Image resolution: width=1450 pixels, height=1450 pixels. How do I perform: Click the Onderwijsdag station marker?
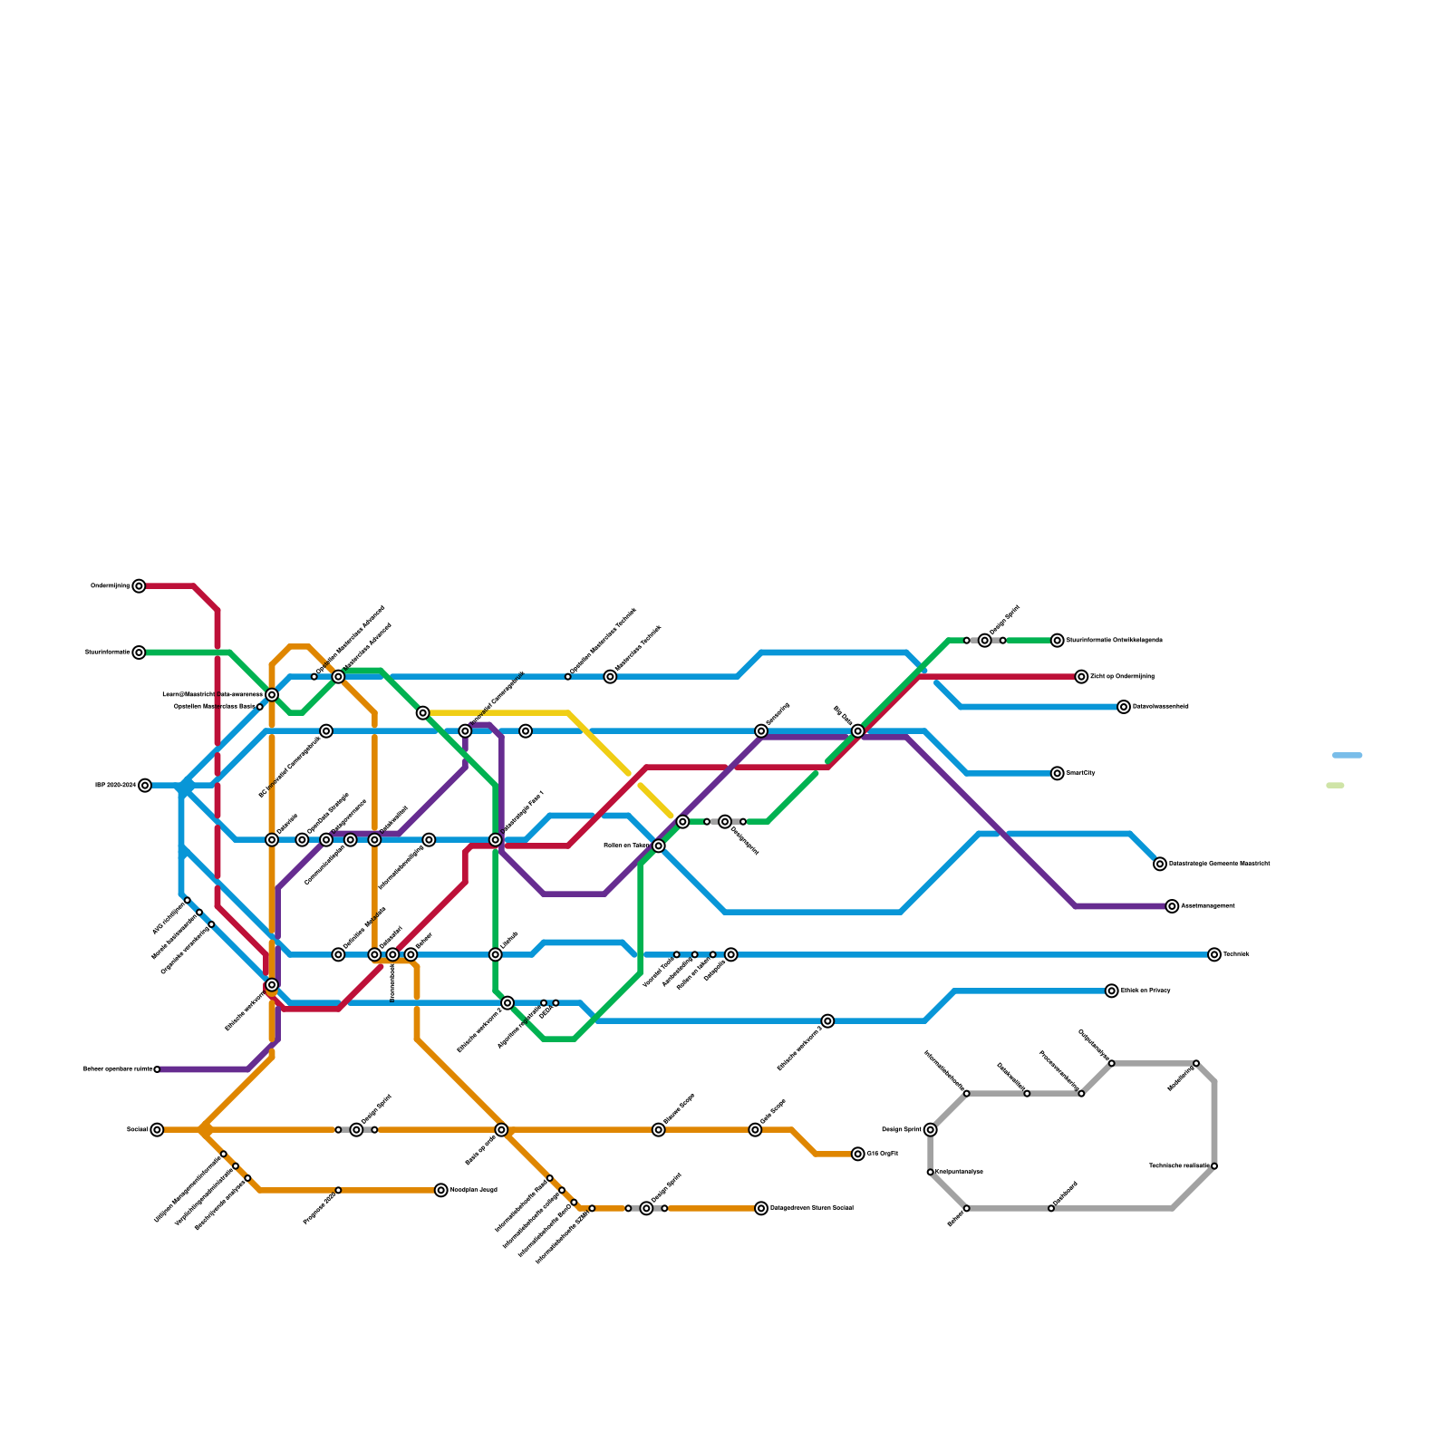point(139,586)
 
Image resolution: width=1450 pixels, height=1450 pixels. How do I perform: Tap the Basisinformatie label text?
point(107,652)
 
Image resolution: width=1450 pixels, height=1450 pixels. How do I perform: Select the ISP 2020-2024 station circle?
point(145,786)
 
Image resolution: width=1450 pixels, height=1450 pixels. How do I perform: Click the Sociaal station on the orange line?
point(157,1130)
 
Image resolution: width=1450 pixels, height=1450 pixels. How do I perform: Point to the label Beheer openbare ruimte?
point(118,1069)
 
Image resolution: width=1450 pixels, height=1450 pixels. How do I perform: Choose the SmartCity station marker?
point(1057,773)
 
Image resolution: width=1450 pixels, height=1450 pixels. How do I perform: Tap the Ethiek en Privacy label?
point(1145,991)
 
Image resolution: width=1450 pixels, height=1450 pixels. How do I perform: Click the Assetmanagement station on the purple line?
point(1172,906)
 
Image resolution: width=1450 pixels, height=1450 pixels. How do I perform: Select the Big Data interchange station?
point(857,731)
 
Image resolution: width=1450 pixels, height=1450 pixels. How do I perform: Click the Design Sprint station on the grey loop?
point(930,1130)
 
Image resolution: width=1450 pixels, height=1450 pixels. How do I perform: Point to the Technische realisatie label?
point(1179,1166)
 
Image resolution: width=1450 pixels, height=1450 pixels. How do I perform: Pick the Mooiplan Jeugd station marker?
point(440,1190)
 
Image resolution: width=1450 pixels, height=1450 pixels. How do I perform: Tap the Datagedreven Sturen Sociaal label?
point(811,1208)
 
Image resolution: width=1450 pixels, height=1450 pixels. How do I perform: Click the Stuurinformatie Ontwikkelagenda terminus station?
point(1057,641)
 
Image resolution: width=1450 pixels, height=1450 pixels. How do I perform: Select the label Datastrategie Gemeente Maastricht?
point(1219,864)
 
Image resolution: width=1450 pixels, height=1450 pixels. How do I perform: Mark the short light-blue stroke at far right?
point(1347,755)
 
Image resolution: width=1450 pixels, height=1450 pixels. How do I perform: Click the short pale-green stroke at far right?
point(1334,786)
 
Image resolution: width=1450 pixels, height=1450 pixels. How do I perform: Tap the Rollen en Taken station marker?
point(658,846)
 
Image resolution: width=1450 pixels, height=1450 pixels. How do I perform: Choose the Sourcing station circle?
point(761,731)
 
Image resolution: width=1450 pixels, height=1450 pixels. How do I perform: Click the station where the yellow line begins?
point(422,713)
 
